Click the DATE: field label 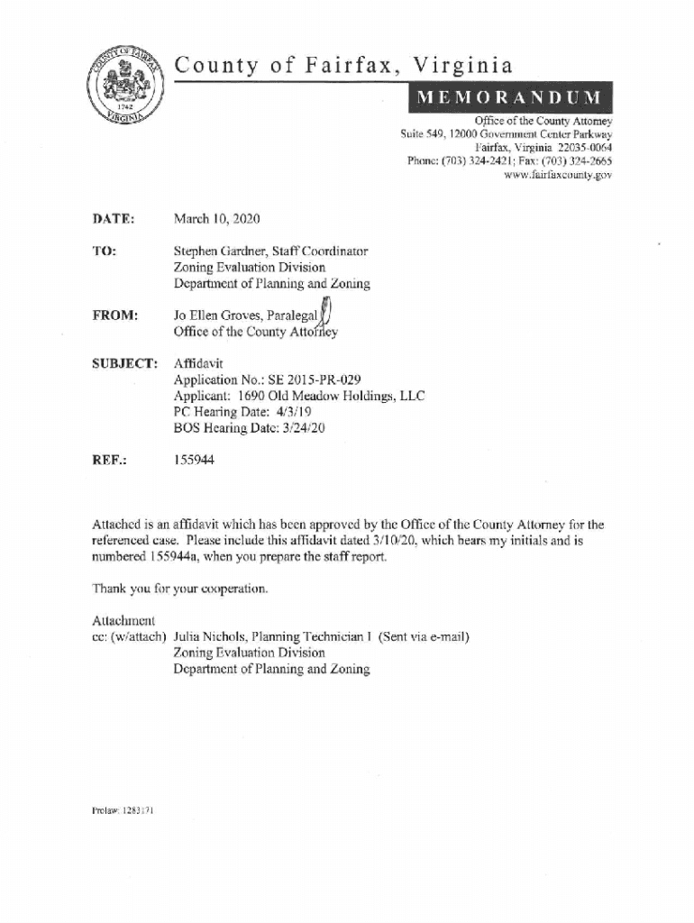[x=114, y=220]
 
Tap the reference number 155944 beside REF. [x=194, y=460]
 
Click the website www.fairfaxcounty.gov [x=560, y=175]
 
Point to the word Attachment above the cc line [x=124, y=621]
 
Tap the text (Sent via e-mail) [x=425, y=636]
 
